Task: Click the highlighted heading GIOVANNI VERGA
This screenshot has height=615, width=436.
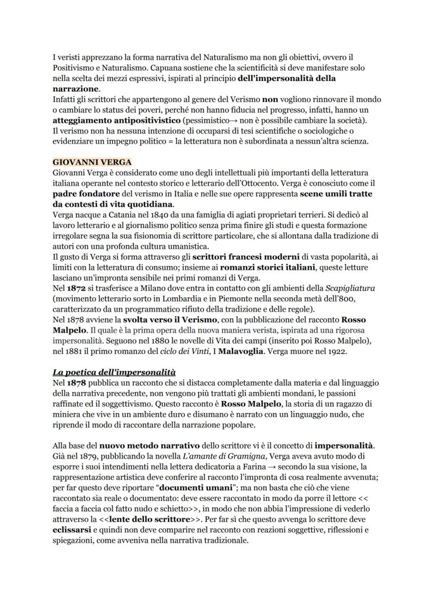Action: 92,162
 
